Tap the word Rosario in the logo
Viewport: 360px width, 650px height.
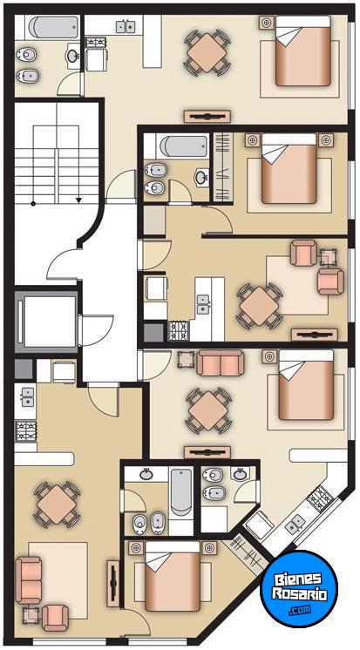(x=299, y=593)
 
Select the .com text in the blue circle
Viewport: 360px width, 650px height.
(x=301, y=609)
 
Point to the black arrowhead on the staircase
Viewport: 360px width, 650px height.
(x=78, y=200)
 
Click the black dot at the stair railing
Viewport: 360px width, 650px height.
(x=33, y=204)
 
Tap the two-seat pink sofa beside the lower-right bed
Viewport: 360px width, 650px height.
(x=221, y=362)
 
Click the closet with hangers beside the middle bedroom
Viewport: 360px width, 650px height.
(x=223, y=166)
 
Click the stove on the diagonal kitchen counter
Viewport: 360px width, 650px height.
(x=319, y=495)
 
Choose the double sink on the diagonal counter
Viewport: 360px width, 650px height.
(x=296, y=524)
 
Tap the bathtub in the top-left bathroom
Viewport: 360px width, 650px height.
(x=53, y=27)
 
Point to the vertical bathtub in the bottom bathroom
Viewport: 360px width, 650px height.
(x=180, y=491)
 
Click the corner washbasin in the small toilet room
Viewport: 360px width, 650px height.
(x=240, y=473)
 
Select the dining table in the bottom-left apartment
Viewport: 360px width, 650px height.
(x=57, y=504)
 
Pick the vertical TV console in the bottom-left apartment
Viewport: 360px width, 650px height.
(x=112, y=584)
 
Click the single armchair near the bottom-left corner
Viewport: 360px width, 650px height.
(x=55, y=618)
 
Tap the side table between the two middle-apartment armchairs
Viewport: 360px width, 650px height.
(x=328, y=258)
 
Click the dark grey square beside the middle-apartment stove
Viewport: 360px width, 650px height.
(x=154, y=333)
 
